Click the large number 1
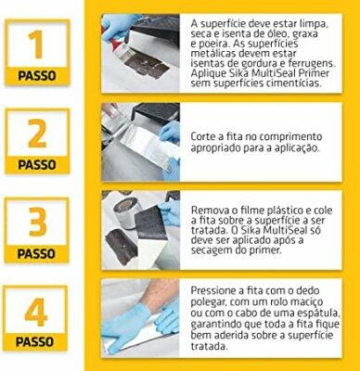[x=36, y=44]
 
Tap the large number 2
[x=37, y=134]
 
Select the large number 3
[x=37, y=222]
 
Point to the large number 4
[x=36, y=312]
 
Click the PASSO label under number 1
[x=37, y=75]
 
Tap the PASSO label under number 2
[x=37, y=164]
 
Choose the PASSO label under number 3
[x=36, y=254]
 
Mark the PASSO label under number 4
[x=34, y=342]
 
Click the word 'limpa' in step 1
[x=313, y=24]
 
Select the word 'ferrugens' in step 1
[x=308, y=64]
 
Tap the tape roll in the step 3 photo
[x=125, y=212]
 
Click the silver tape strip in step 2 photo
[x=146, y=145]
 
